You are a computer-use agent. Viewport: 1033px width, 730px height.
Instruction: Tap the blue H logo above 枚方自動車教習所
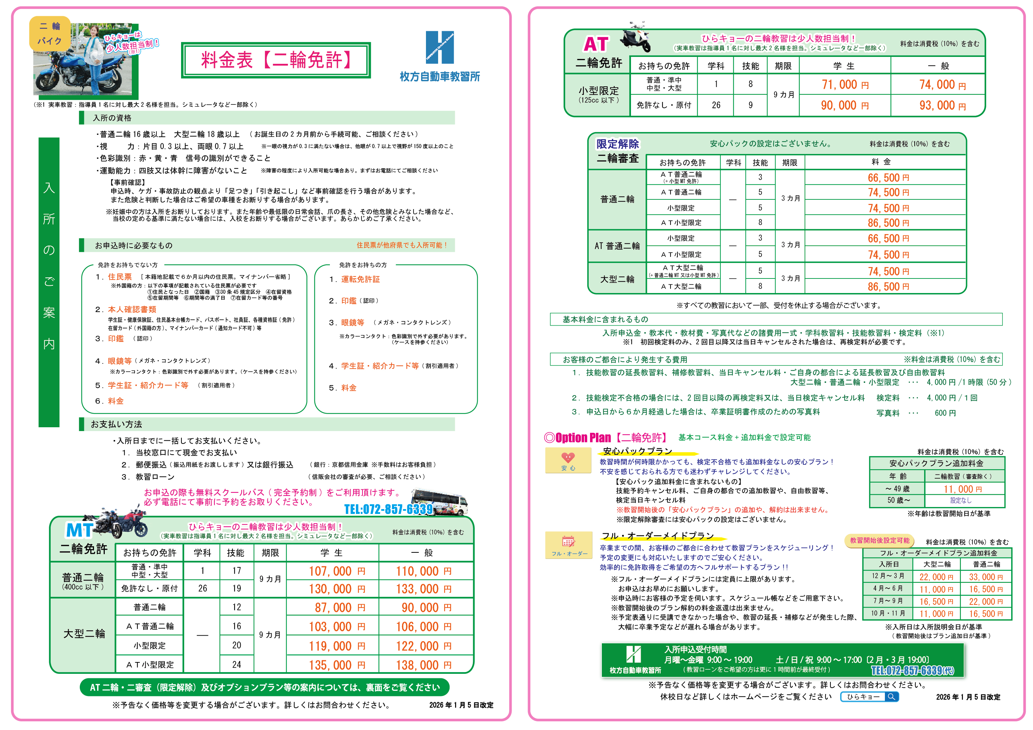[x=439, y=47]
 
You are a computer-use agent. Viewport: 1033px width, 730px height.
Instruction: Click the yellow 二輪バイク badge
[x=50, y=33]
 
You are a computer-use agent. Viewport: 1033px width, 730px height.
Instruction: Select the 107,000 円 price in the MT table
[x=336, y=571]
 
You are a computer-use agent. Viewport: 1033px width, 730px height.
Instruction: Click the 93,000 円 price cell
[x=942, y=106]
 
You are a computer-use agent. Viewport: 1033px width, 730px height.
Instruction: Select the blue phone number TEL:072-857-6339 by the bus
[x=388, y=509]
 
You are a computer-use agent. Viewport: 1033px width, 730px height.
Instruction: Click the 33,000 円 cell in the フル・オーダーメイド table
[x=985, y=577]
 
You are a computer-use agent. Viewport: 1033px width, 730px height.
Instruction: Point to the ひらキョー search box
[x=869, y=697]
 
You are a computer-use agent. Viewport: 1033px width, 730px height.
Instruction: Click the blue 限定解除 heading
[x=617, y=144]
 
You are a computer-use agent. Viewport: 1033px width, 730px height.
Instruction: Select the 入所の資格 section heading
[x=112, y=118]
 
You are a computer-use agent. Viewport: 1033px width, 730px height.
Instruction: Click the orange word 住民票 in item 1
[x=120, y=277]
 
